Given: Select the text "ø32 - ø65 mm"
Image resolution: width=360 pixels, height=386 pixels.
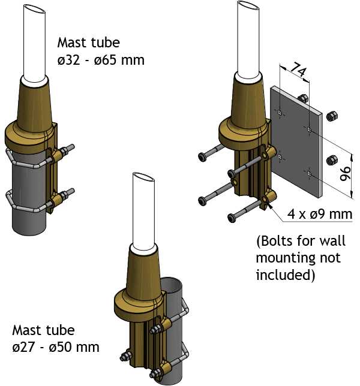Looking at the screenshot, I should pos(101,60).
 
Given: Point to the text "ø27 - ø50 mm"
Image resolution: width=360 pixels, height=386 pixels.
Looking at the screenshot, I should pos(56,347).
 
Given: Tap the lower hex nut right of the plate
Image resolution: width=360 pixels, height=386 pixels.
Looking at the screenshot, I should pos(331,160).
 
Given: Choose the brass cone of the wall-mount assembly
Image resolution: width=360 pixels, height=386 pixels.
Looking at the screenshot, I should pos(247,99).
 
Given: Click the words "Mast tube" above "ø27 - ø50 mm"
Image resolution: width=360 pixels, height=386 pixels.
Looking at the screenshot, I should pos(44,330).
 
